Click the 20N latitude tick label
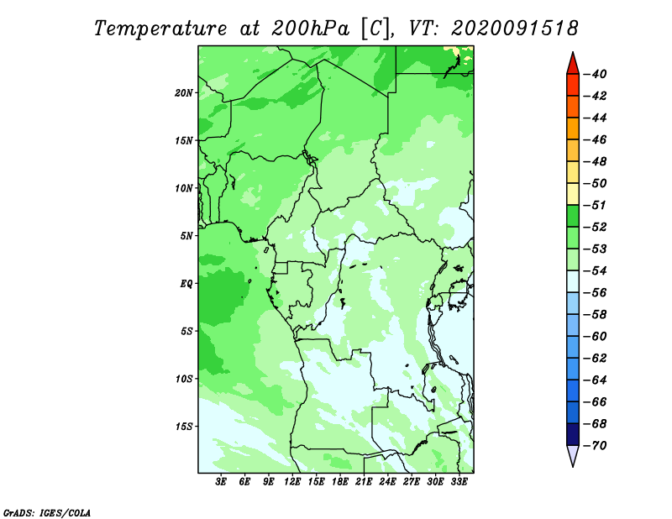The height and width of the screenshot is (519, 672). point(183,93)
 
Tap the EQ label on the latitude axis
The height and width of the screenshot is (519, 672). point(186,284)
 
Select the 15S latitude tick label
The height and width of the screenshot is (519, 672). point(183,427)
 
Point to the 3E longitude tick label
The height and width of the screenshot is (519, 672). point(221,482)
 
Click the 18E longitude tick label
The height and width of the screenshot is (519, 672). point(340,482)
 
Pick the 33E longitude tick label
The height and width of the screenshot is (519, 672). point(459,482)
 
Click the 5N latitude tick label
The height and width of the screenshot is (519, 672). point(186,236)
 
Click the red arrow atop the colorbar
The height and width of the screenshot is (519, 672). point(573,65)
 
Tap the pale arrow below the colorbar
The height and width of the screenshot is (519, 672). point(573,455)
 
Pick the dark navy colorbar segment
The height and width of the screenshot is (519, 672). point(573,434)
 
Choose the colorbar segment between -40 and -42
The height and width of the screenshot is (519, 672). point(573,85)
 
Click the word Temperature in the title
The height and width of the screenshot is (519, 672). point(160,29)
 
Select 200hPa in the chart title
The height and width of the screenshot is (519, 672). point(310,29)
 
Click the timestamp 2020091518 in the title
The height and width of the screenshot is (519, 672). point(514,29)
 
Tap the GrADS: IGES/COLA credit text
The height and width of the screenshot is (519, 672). point(47,513)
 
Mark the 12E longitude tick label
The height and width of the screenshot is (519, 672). point(292,482)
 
